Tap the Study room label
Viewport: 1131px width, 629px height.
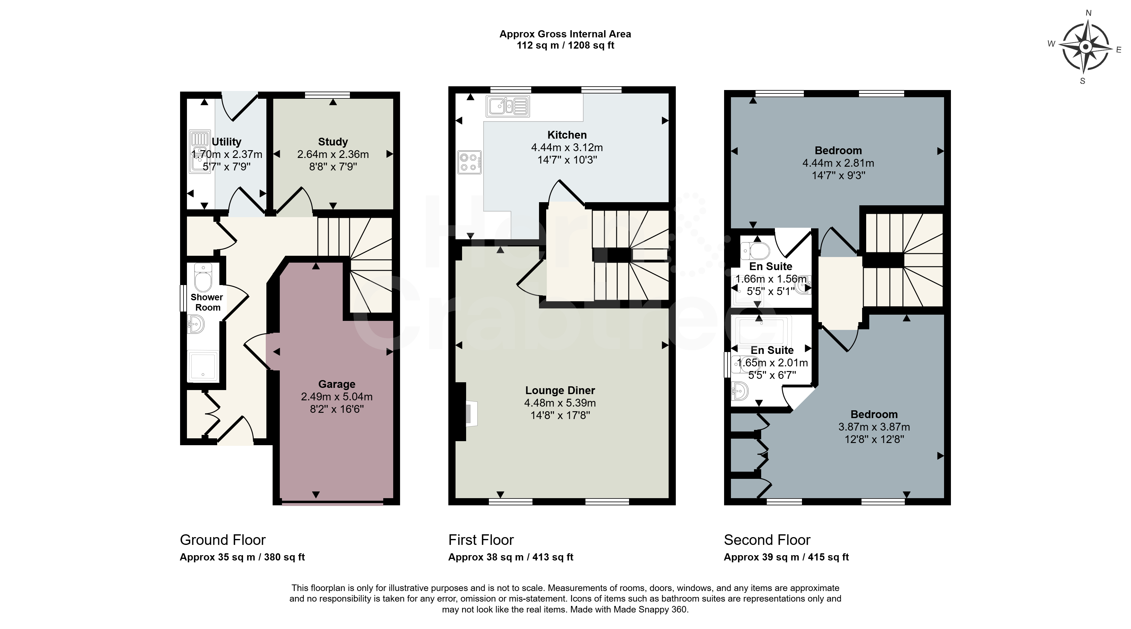333,142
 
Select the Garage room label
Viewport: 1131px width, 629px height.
337,384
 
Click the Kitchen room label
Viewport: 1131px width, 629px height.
567,135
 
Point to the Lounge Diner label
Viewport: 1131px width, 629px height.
560,390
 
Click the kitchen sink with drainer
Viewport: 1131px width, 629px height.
508,106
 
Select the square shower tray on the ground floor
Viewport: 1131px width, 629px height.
203,366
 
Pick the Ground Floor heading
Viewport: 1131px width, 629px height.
222,540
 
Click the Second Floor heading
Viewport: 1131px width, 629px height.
767,540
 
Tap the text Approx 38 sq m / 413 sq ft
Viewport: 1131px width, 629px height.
511,557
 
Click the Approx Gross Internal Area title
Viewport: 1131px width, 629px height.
565,34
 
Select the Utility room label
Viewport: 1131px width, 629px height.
227,142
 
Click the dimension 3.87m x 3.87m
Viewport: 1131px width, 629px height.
874,426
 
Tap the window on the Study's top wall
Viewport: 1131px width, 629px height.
327,94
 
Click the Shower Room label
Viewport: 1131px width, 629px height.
207,302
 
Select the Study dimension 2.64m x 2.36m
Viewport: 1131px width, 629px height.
333,155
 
